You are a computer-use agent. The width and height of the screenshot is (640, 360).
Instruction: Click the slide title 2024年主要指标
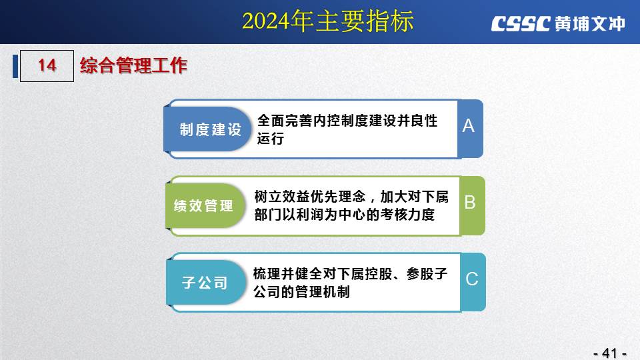point(328,21)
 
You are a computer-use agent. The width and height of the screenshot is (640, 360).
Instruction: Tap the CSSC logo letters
point(521,24)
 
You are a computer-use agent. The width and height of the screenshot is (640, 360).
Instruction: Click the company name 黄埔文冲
point(590,24)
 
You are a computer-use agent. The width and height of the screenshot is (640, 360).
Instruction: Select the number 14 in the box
point(47,65)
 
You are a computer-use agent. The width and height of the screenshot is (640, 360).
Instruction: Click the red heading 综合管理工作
point(133,65)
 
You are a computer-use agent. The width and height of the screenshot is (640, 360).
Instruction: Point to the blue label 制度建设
point(211,129)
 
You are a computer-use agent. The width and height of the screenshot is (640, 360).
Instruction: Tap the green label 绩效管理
point(203,206)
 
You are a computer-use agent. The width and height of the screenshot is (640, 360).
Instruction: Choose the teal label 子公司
point(205,283)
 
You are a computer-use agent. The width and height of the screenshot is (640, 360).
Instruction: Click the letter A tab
point(469,126)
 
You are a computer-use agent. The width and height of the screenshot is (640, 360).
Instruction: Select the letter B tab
point(470,203)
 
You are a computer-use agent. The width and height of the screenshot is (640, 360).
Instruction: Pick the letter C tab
point(472,279)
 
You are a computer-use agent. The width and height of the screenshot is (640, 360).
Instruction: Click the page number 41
point(610,353)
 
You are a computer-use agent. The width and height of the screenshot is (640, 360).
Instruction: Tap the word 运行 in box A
point(271,139)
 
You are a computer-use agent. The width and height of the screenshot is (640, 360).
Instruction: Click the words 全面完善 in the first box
point(285,121)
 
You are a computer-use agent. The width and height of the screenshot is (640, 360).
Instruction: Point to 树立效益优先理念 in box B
point(310,197)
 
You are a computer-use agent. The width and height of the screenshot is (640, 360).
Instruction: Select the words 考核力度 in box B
point(407,214)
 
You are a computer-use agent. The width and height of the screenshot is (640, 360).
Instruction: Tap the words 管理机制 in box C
point(322,292)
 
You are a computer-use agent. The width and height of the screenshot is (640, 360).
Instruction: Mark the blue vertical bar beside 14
point(15,66)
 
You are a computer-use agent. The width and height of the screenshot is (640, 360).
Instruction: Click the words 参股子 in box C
point(427,274)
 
